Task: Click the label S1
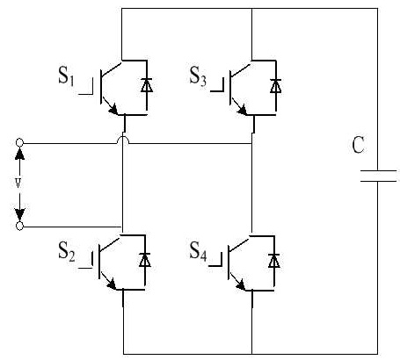67,76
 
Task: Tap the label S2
67,252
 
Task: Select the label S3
198,76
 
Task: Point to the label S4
198,252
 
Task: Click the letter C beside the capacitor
358,145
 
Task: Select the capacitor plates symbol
378,176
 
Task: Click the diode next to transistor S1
147,85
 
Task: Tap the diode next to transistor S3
275,86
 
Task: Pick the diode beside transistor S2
145,260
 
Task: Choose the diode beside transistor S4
274,260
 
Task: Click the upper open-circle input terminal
19,143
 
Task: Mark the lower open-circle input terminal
19,227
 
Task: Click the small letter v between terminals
18,184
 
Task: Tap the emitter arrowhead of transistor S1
113,110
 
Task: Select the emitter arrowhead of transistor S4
241,285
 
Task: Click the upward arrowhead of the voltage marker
19,154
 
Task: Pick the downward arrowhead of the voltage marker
19,215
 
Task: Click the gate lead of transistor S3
217,86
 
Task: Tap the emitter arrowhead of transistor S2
112,284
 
